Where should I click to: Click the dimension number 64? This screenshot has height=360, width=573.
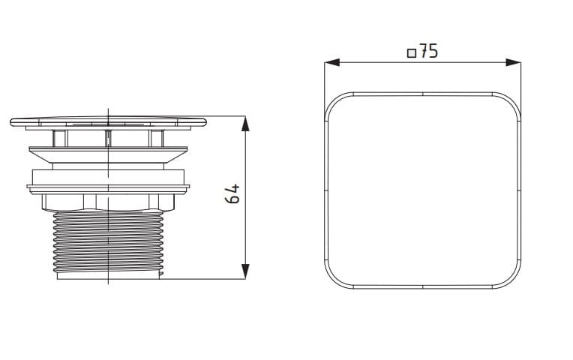coord(232,194)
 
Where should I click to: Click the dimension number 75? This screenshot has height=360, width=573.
coord(428,51)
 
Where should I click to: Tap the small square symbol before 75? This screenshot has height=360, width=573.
coord(412,53)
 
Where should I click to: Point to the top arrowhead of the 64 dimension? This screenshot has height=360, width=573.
coord(245,124)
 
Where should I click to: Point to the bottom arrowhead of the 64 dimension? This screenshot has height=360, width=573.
coord(245,271)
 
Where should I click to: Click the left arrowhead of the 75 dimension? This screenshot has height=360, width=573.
coord(332,62)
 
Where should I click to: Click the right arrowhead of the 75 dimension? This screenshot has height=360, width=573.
coord(514,62)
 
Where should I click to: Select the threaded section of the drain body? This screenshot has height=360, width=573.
coord(108,243)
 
